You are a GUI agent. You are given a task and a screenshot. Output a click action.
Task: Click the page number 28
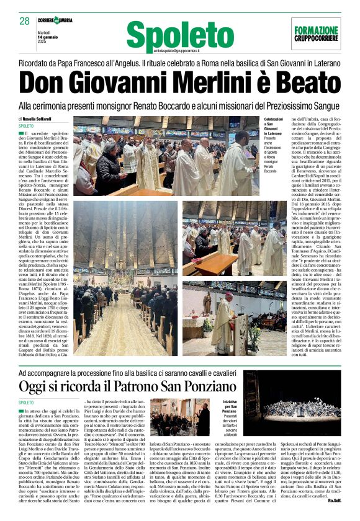pos(25,21)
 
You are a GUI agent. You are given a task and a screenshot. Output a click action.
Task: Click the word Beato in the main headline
pos(297,84)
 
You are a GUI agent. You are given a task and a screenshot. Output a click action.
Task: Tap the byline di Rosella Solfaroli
pos(45,118)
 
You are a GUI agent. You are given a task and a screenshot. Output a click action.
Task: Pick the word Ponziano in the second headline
pos(209,387)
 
